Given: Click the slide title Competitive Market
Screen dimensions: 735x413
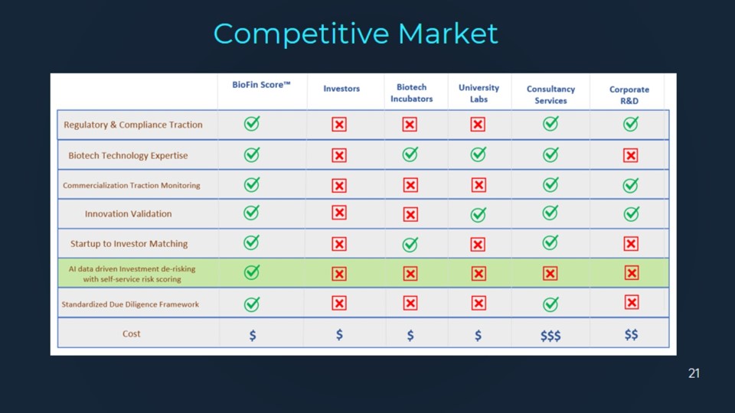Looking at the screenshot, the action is pos(355,34).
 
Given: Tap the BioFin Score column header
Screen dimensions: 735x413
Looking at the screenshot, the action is pos(261,85).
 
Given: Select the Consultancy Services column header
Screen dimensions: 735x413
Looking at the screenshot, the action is pos(550,95).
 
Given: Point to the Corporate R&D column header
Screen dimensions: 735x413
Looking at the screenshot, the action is pos(629,95).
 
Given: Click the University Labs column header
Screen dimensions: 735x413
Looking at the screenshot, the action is pos(479,93).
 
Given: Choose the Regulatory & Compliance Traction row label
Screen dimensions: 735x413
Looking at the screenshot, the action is pos(133,125).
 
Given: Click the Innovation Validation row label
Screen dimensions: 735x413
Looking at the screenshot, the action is pos(128,213).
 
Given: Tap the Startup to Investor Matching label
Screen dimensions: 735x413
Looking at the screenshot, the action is pos(129,243).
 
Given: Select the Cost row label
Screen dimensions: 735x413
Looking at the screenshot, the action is pos(131,334).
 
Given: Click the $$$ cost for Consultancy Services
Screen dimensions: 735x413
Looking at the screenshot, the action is pos(550,335).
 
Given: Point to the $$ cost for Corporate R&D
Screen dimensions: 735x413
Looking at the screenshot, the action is pos(631,334).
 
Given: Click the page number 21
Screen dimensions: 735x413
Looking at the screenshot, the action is pos(694,373).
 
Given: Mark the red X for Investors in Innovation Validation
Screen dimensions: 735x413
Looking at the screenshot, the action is pos(339,213).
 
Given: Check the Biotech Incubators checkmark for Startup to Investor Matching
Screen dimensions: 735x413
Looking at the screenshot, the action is pos(410,243).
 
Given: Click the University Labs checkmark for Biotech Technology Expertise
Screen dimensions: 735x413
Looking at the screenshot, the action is pos(478,154).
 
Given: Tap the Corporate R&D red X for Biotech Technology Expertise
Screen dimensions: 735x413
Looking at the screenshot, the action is pos(630,155).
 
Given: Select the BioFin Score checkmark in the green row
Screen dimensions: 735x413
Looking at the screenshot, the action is pos(252,272).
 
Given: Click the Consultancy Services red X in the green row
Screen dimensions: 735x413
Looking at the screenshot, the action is pos(550,273).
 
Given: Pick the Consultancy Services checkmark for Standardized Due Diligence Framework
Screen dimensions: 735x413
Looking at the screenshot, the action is pos(550,304).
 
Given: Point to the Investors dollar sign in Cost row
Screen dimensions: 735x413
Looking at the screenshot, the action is pos(339,334).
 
